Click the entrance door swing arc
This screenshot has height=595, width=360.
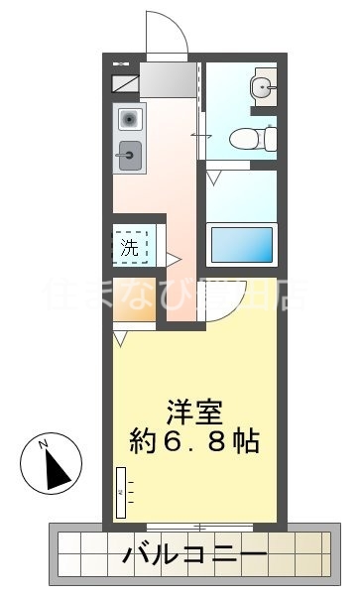(x=167, y=34)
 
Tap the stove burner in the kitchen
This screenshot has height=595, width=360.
(x=128, y=119)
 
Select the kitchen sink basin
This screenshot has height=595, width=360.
(x=128, y=153)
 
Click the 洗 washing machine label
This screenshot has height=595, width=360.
(x=131, y=247)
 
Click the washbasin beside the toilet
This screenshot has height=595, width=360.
(x=263, y=88)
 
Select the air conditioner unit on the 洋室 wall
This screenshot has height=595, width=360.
(x=121, y=490)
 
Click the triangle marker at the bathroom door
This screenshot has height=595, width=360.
(x=214, y=179)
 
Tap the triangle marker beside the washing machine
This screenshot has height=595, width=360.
(x=172, y=260)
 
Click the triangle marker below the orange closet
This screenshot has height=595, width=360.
(x=120, y=340)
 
